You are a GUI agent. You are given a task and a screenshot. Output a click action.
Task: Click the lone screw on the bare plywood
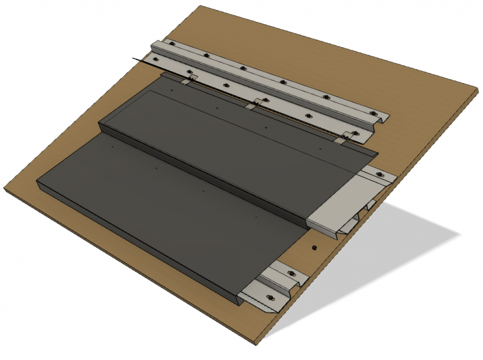pos(313,247)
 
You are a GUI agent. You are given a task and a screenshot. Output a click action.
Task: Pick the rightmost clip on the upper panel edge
pos(343,138)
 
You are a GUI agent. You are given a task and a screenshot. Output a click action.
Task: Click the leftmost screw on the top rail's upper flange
pos(171,44)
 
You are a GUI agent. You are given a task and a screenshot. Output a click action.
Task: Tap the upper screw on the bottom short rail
pos(292,273)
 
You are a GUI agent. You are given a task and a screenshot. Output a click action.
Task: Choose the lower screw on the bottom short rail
pos(269,297)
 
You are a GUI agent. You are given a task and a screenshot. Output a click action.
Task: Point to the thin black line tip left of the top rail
pos(134,59)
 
